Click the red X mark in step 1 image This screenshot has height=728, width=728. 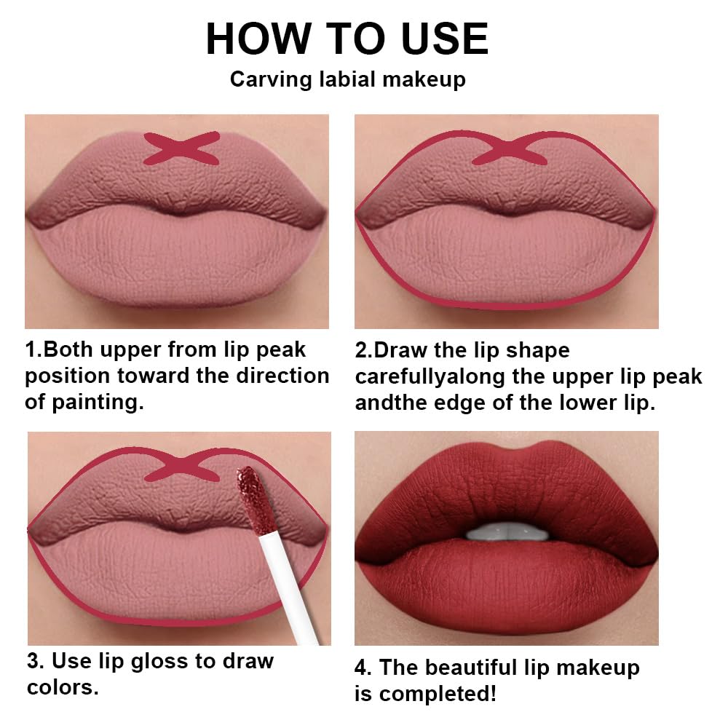181,148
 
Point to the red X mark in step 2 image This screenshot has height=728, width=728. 509,151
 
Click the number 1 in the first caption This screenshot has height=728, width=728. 31,350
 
